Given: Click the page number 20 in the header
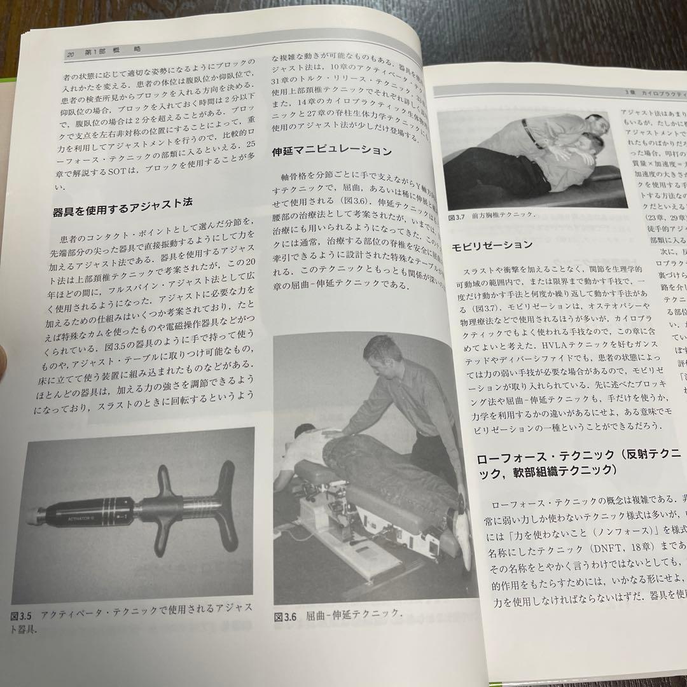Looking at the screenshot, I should tap(71, 55).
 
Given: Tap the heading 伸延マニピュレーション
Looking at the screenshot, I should tap(331, 151).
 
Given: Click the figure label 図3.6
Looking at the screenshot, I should tap(286, 616).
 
